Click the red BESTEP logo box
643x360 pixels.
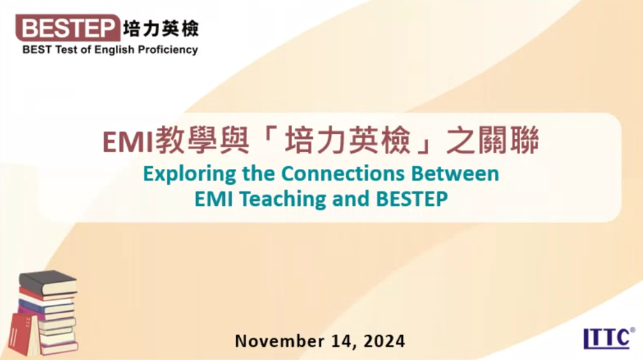coord(68,28)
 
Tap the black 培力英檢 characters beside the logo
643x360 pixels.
coord(161,29)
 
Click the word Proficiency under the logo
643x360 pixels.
coord(168,50)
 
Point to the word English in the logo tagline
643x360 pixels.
coord(114,50)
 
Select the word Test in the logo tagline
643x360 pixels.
coord(65,50)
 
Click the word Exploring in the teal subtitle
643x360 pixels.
coord(189,174)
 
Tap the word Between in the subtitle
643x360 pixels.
coord(455,173)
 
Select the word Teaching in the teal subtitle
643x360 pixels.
coord(283,200)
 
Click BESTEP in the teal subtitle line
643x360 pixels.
coord(412,199)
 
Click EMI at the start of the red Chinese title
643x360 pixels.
coord(128,142)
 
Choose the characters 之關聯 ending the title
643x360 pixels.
coord(492,140)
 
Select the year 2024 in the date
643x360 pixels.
coord(384,341)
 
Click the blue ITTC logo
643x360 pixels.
coord(609,338)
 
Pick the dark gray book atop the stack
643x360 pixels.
coord(47,283)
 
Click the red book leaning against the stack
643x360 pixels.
coord(24,334)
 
